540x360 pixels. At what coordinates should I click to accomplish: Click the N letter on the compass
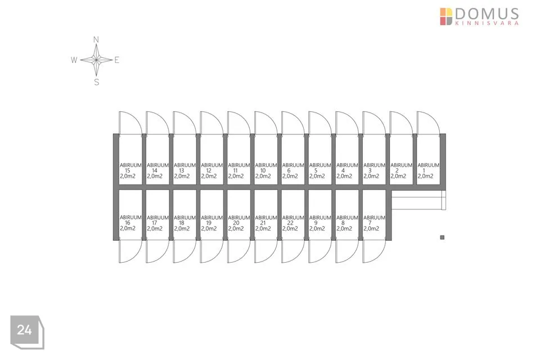(x=96, y=39)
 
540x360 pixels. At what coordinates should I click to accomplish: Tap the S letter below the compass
(x=96, y=82)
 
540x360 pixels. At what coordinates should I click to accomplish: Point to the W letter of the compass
(x=74, y=60)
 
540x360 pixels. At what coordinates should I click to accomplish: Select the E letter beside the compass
(x=117, y=60)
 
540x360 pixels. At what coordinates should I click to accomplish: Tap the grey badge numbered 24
(x=25, y=330)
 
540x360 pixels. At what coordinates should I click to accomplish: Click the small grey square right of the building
(x=442, y=237)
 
